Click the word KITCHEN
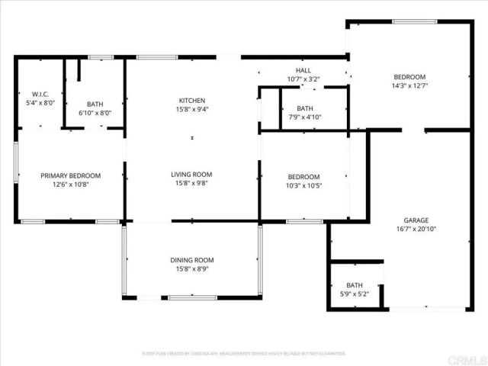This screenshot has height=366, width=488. (192, 101)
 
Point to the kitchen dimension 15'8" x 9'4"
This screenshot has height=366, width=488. (192, 109)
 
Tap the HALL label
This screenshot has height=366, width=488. (303, 70)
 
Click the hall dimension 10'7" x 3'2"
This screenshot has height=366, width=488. (303, 79)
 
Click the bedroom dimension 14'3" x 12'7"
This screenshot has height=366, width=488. (410, 85)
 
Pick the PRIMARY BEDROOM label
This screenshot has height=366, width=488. (70, 175)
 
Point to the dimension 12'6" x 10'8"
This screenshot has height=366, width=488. (70, 184)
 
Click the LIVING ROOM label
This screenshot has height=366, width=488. (191, 175)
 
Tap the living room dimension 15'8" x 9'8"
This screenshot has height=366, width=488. (191, 183)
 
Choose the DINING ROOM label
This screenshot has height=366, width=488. (191, 260)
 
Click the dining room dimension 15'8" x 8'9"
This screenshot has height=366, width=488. (191, 268)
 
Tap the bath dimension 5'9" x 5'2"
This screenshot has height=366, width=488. (355, 294)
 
